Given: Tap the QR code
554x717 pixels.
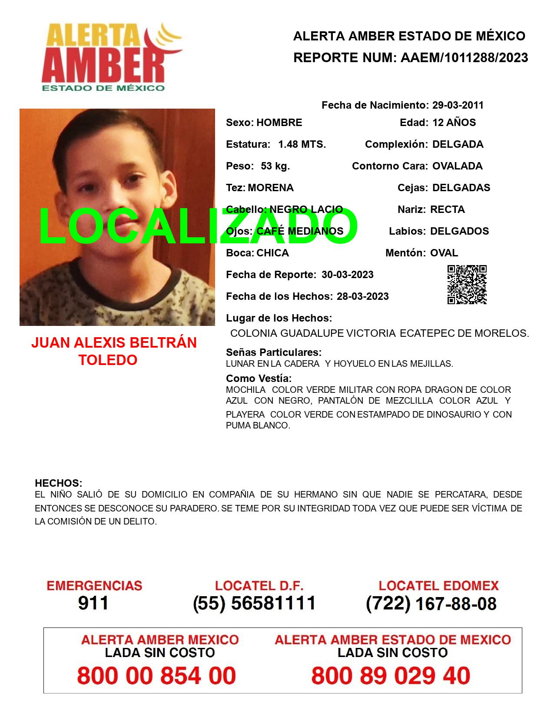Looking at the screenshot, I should (x=467, y=285).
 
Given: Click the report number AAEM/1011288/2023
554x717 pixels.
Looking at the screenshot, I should (x=464, y=58).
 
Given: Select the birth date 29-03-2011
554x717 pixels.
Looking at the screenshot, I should (x=458, y=105).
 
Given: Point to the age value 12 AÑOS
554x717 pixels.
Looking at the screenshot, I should (x=454, y=123).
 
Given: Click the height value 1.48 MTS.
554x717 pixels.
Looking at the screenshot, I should (x=302, y=144).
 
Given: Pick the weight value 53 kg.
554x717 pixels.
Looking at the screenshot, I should (x=275, y=166).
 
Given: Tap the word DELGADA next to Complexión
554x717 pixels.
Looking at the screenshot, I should (x=458, y=144).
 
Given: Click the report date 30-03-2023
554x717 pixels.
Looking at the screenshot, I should (x=348, y=275).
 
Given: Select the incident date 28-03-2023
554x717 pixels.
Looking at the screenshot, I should (x=363, y=296).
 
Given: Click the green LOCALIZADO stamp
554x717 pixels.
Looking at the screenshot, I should (x=198, y=226).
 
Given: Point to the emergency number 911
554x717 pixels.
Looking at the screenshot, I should (x=93, y=603).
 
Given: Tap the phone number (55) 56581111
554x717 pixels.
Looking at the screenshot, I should (x=254, y=603).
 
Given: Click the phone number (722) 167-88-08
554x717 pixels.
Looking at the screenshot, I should (x=431, y=604).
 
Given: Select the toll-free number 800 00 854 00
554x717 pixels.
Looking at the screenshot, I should (x=156, y=676).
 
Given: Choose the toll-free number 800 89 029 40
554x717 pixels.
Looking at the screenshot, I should (x=391, y=676).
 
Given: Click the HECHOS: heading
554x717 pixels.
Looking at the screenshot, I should (x=59, y=483).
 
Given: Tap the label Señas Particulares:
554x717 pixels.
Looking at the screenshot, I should (x=274, y=352).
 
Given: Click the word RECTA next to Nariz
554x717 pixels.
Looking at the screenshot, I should (x=448, y=209).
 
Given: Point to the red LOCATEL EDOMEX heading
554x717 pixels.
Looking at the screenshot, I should (x=438, y=586).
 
